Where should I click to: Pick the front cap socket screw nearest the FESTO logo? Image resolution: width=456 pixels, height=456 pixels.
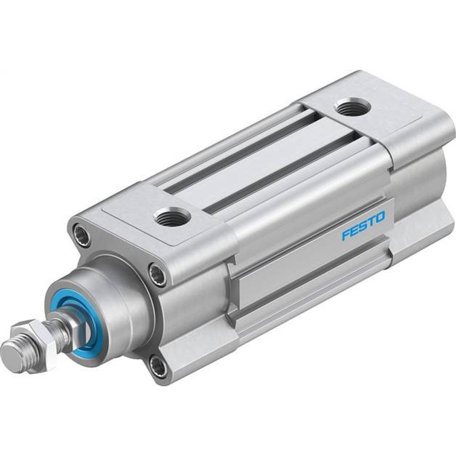pos(158,275)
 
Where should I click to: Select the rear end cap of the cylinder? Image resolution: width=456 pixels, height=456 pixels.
pos(410,150)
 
